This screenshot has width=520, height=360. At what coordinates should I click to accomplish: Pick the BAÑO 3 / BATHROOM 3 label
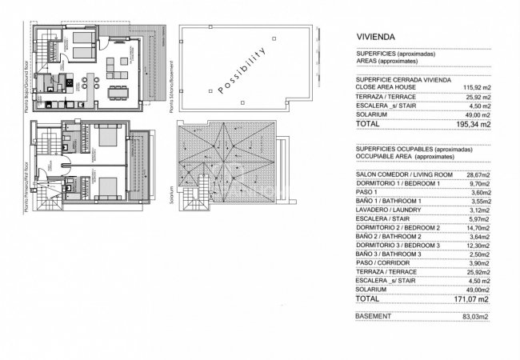(x=394, y=254)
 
